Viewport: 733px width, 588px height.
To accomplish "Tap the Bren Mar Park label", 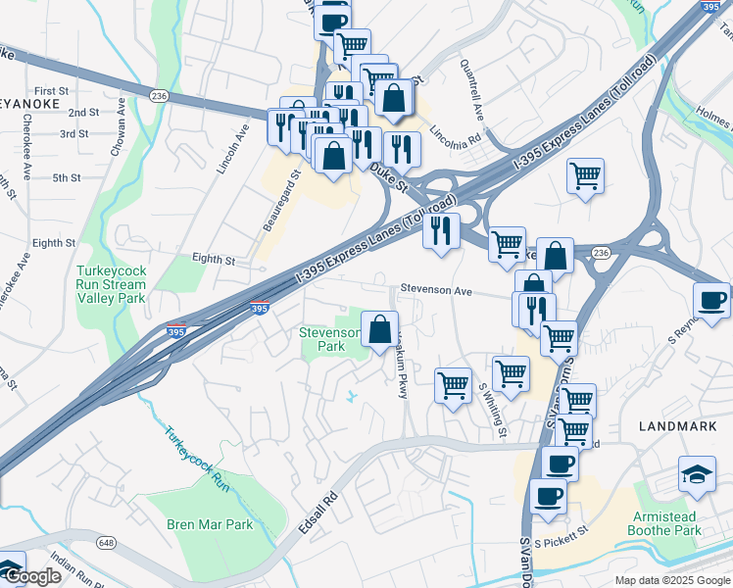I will tap(210, 524).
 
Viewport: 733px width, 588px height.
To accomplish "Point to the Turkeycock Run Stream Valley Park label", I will tap(112, 283).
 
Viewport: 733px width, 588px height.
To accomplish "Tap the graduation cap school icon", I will tap(697, 473).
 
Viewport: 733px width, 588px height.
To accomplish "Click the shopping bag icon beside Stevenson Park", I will tap(379, 328).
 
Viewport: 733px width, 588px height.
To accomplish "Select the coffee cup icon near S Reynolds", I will tap(710, 299).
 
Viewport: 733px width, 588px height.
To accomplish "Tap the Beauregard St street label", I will tap(279, 202).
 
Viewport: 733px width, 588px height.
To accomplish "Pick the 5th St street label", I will tap(67, 177).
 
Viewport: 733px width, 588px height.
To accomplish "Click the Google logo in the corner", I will tap(31, 576).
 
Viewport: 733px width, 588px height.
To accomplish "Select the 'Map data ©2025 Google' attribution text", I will tap(672, 580).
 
